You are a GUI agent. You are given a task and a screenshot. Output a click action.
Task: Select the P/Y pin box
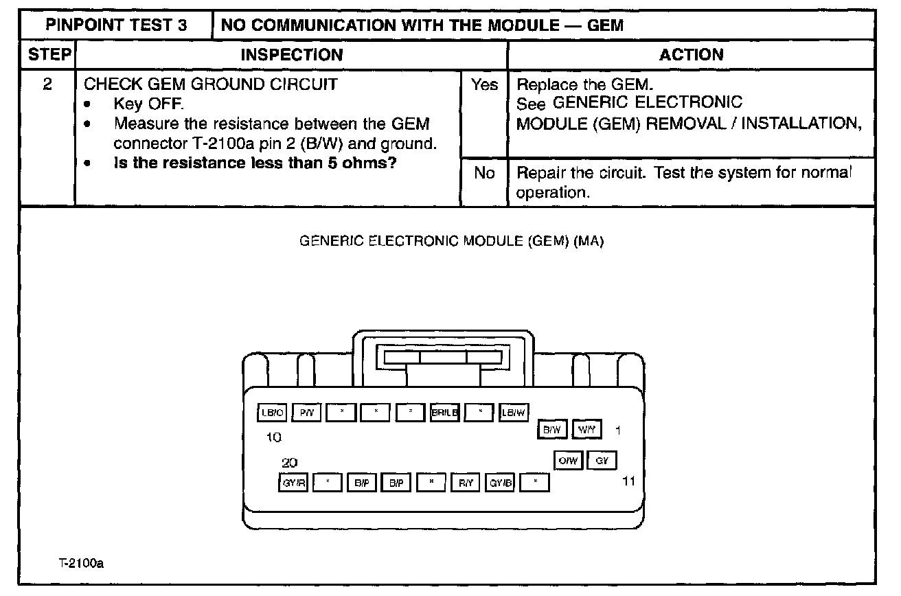pos(305,413)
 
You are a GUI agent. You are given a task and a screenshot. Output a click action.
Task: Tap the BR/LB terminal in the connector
pos(444,413)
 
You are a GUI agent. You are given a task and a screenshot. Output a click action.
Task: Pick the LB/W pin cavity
pos(513,413)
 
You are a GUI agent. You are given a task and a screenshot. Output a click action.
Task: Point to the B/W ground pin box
pos(551,430)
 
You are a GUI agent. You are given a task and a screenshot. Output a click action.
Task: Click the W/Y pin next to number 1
pos(586,430)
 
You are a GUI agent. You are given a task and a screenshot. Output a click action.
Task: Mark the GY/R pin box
pos(293,483)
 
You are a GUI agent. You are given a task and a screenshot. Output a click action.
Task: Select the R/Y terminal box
pos(466,483)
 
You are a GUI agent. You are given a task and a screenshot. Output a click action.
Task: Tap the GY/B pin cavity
pos(500,483)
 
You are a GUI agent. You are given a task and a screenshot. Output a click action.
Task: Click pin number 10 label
pos(273,437)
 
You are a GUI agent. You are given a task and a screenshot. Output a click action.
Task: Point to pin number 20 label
pos(289,463)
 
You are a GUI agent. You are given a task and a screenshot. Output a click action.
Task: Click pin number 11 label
pos(628,481)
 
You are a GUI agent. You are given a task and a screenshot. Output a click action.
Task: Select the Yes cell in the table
pos(484,86)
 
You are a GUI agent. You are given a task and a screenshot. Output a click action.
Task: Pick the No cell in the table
pos(484,173)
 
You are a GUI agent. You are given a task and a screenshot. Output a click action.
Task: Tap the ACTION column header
pos(691,55)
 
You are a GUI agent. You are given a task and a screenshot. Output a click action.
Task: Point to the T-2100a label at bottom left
pos(80,564)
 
